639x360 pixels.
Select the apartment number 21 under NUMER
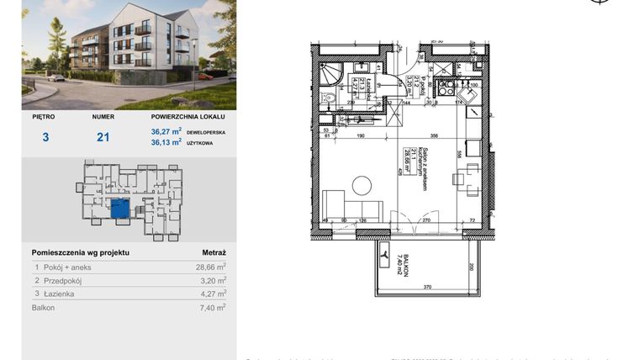[x=103, y=136]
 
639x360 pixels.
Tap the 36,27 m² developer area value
[x=166, y=130]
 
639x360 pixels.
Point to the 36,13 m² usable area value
[x=166, y=142]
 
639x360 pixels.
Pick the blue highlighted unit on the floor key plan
[x=120, y=209]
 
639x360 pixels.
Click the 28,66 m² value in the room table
[x=210, y=267]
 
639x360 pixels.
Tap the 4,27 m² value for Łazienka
[x=210, y=294]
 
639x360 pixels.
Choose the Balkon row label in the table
[x=44, y=308]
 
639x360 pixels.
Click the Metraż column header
[x=214, y=251]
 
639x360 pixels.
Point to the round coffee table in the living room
[x=362, y=185]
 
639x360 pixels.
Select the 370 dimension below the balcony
[x=427, y=288]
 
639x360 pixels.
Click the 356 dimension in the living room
[x=434, y=135]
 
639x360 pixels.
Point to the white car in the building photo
[x=56, y=77]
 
